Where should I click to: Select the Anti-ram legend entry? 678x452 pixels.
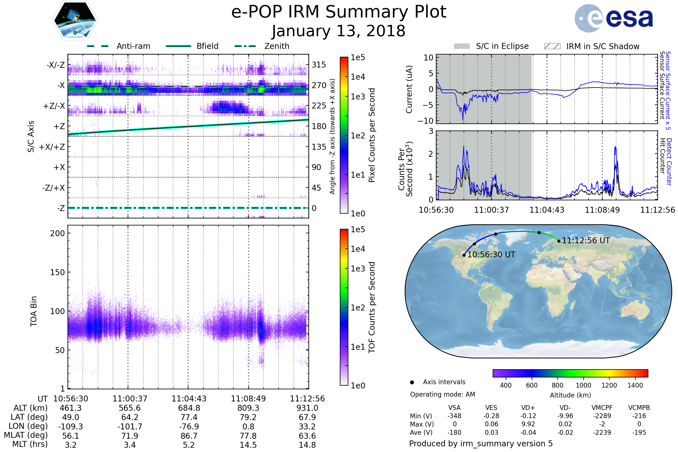118,46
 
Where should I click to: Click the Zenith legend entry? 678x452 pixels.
262,46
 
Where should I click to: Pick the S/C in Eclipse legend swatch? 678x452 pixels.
462,46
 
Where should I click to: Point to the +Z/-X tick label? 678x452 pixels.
54,106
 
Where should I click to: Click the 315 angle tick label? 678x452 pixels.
319,65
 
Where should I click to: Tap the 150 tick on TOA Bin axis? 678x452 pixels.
57,272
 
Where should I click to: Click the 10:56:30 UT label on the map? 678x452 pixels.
491,255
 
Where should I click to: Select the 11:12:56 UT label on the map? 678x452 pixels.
586,241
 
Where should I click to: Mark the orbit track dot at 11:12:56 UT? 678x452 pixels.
559,241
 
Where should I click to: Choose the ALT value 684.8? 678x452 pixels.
189,408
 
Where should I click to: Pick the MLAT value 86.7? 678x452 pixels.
189,436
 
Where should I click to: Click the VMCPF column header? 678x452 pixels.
602,408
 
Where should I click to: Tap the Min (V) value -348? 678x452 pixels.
454,416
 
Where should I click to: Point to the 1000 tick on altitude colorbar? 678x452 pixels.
583,385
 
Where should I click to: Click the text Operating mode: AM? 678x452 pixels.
442,394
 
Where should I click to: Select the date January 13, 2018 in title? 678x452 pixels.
339,31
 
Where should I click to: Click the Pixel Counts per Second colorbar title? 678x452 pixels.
372,135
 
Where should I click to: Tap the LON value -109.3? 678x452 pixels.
71,427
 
